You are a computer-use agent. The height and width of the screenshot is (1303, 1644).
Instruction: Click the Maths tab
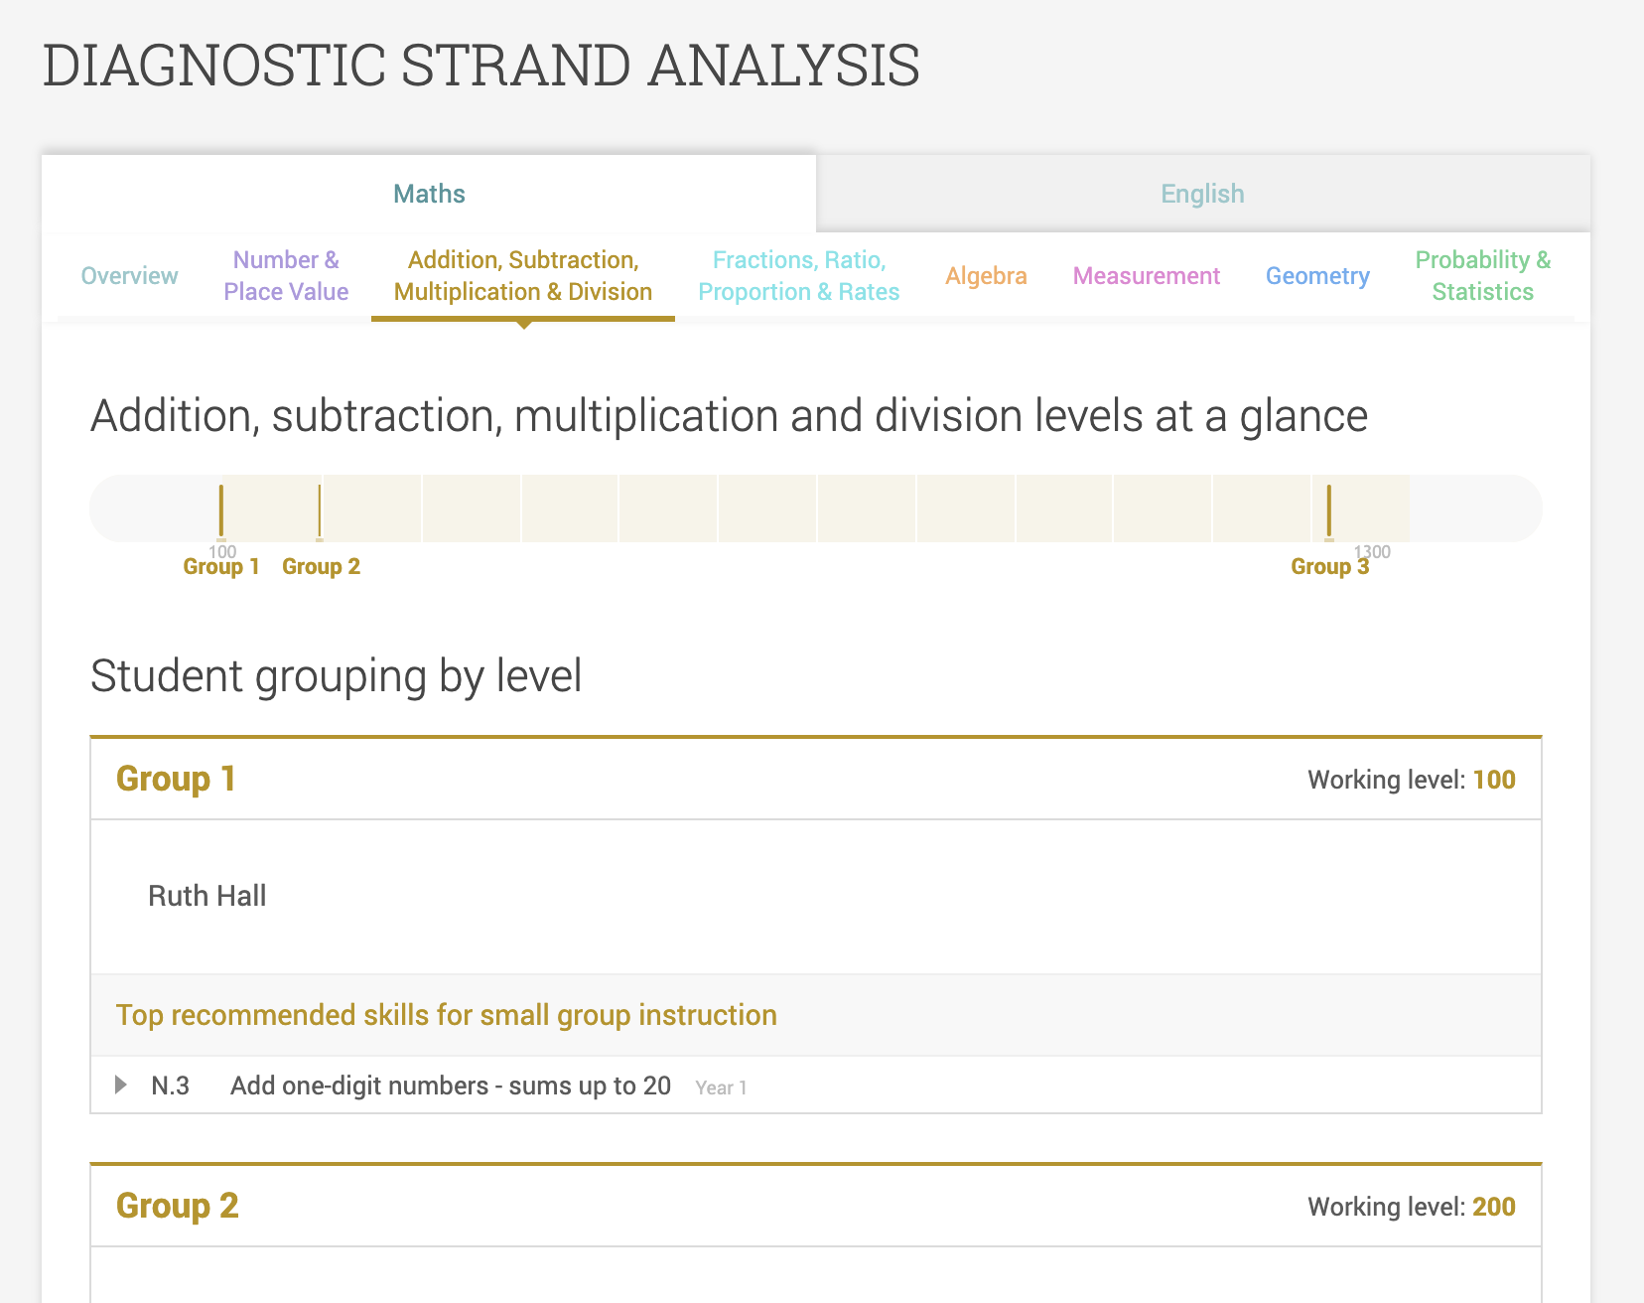pyautogui.click(x=429, y=194)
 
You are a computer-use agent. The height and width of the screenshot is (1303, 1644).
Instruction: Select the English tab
pyautogui.click(x=1202, y=194)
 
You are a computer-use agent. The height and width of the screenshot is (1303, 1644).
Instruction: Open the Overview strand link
pyautogui.click(x=129, y=276)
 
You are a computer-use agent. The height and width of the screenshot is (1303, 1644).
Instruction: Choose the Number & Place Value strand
pyautogui.click(x=286, y=276)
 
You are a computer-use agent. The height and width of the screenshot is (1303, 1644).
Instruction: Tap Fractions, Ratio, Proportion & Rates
pyautogui.click(x=798, y=276)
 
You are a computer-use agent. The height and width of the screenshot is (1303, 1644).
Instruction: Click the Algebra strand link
pyautogui.click(x=986, y=276)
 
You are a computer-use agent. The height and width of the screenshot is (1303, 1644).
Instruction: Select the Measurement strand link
pyautogui.click(x=1146, y=276)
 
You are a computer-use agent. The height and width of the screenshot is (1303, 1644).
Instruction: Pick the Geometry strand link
pyautogui.click(x=1317, y=276)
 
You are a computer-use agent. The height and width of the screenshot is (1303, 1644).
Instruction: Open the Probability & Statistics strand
pyautogui.click(x=1482, y=276)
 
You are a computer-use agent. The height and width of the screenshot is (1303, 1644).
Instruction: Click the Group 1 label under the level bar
pyautogui.click(x=221, y=567)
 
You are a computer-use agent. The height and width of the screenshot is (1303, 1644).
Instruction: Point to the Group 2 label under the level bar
pyautogui.click(x=321, y=567)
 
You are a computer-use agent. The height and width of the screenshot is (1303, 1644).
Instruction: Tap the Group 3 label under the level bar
pyautogui.click(x=1329, y=567)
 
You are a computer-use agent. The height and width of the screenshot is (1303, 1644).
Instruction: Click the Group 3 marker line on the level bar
pyautogui.click(x=1329, y=510)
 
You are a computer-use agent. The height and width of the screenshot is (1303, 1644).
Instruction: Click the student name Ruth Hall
pyautogui.click(x=207, y=896)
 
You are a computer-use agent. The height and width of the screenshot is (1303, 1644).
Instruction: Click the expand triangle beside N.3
pyautogui.click(x=121, y=1085)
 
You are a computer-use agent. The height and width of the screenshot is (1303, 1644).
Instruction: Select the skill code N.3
pyautogui.click(x=170, y=1086)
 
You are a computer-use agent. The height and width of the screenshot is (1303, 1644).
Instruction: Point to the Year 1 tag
pyautogui.click(x=721, y=1088)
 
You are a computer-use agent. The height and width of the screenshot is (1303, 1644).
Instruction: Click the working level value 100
pyautogui.click(x=1493, y=780)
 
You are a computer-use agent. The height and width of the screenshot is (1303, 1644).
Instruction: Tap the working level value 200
pyautogui.click(x=1493, y=1207)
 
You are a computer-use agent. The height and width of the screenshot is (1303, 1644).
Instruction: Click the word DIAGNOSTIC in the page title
pyautogui.click(x=213, y=66)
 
